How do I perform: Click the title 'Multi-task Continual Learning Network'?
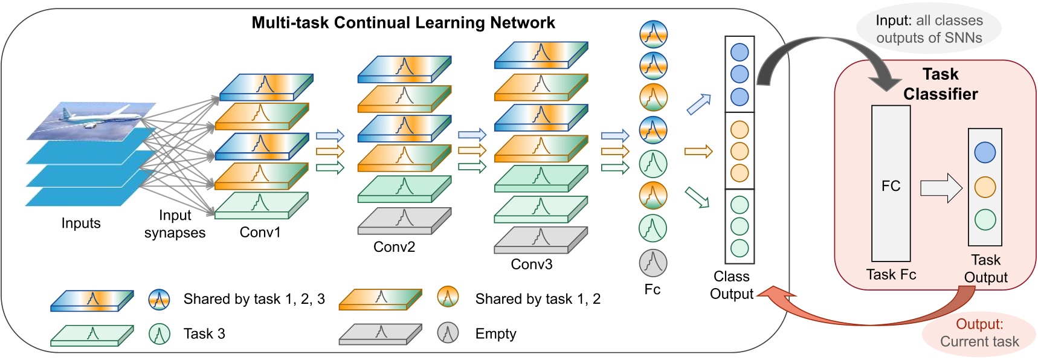tap(403, 23)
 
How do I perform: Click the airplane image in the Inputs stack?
tap(92, 120)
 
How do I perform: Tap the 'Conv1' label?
tap(260, 233)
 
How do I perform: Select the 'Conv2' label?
tap(395, 247)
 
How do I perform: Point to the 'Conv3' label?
tap(532, 265)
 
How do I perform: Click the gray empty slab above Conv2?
tap(404, 220)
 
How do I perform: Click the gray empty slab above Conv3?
tap(541, 240)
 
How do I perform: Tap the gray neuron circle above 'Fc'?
tap(653, 263)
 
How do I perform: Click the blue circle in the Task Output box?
tap(985, 152)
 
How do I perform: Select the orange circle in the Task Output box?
tap(985, 187)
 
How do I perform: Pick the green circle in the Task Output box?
tap(985, 220)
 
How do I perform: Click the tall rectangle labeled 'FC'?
tap(891, 184)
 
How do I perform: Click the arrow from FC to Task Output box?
tap(941, 188)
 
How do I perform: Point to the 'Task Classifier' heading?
tap(940, 84)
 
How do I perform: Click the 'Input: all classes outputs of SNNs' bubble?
tap(929, 29)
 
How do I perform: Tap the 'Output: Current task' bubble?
tap(979, 333)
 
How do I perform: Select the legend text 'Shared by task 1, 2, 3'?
tap(254, 299)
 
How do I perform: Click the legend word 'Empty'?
tap(496, 334)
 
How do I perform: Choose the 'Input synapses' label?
tap(175, 224)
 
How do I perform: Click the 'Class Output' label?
tap(732, 285)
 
